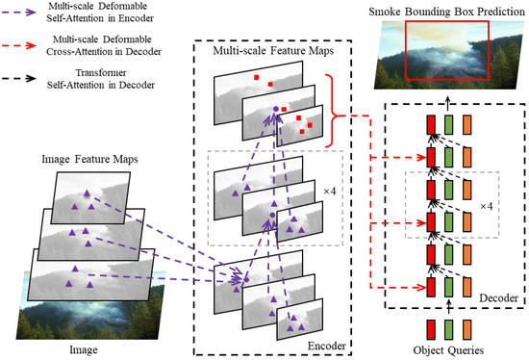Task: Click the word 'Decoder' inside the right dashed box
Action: coord(495,299)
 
